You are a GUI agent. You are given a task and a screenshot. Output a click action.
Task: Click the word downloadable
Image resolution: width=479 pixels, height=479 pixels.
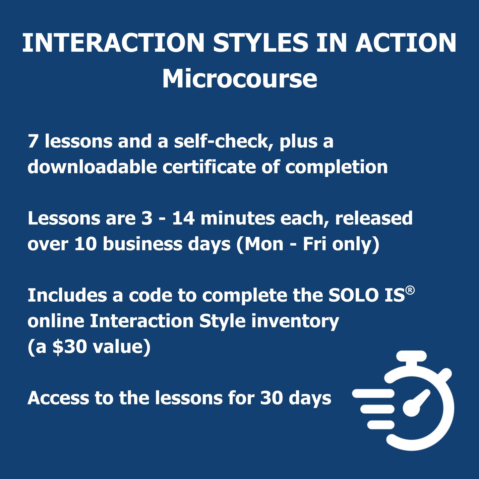click(x=92, y=167)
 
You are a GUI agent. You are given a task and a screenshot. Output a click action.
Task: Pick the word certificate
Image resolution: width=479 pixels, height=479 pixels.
click(x=209, y=167)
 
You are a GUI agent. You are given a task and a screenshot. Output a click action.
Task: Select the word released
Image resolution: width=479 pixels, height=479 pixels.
click(x=374, y=218)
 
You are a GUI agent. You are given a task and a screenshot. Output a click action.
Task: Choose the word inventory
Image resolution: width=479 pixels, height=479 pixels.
click(x=295, y=322)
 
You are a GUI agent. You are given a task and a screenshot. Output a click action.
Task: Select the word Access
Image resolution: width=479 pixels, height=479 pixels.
click(x=58, y=398)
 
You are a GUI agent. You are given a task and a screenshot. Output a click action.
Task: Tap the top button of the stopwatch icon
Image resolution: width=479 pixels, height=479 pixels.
click(x=411, y=356)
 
